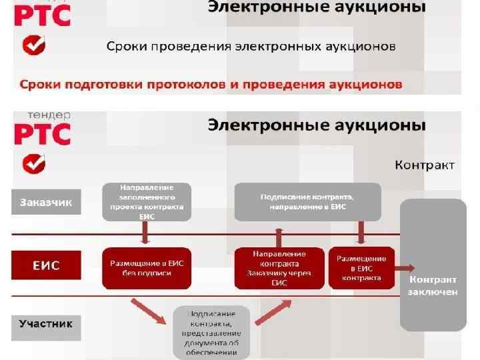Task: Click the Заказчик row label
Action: pyautogui.click(x=46, y=202)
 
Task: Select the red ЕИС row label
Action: pyautogui.click(x=46, y=265)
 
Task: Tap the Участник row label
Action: pyautogui.click(x=46, y=325)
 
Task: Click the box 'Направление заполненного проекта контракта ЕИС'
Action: pyautogui.click(x=147, y=202)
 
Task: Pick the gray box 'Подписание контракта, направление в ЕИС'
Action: pyautogui.click(x=307, y=202)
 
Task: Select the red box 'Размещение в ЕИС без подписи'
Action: pyautogui.click(x=147, y=268)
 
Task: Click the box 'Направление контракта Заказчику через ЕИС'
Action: pyautogui.click(x=279, y=268)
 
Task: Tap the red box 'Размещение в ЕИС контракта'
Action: pyautogui.click(x=361, y=268)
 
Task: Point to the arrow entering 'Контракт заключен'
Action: pyautogui.click(x=403, y=268)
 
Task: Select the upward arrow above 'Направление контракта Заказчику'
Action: pyautogui.click(x=279, y=236)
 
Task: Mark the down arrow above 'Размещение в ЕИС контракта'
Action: pyautogui.click(x=361, y=233)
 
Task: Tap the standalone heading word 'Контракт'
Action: pyautogui.click(x=425, y=164)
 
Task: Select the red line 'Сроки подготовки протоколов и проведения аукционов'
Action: pyautogui.click(x=211, y=85)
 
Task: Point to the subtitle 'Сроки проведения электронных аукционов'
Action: pyautogui.click(x=251, y=47)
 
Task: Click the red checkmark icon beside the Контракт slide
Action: pyautogui.click(x=33, y=163)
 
